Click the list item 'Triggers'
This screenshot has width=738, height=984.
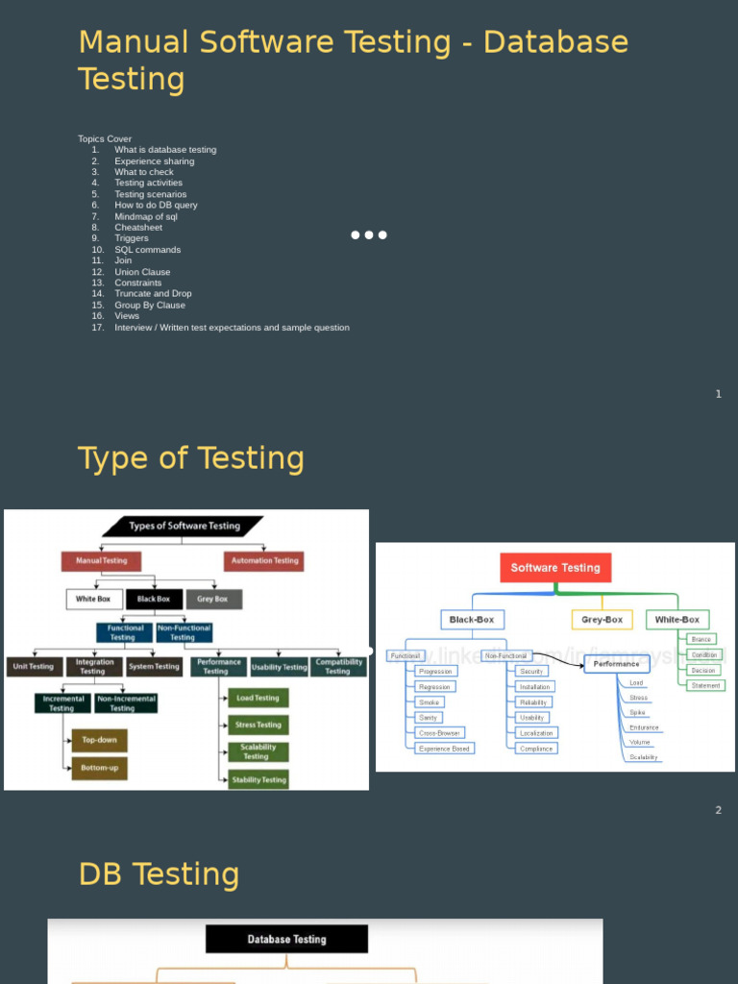click(x=132, y=238)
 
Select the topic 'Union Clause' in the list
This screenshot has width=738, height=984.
click(x=142, y=272)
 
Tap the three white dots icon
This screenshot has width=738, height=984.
click(x=369, y=234)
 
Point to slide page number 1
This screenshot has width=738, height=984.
click(x=718, y=394)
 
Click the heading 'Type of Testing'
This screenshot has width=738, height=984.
click(x=190, y=458)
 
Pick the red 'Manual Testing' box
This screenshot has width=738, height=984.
click(x=101, y=560)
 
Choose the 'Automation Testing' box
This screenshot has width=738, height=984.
click(x=264, y=560)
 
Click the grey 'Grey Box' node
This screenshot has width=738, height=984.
click(x=213, y=599)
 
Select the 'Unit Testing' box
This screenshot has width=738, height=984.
click(x=34, y=666)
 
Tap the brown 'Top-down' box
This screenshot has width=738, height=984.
click(x=99, y=741)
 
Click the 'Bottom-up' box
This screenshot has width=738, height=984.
click(x=99, y=768)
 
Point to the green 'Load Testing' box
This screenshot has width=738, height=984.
click(x=258, y=699)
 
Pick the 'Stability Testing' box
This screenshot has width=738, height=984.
click(x=258, y=779)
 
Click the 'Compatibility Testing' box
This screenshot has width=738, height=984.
click(x=338, y=666)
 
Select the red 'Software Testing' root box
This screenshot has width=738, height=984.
click(x=554, y=568)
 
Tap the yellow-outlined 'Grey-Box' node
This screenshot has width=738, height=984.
click(x=602, y=620)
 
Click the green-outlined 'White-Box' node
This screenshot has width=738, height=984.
click(x=677, y=620)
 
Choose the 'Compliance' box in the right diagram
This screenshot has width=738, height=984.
click(x=536, y=749)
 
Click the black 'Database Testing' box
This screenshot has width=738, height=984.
click(x=286, y=939)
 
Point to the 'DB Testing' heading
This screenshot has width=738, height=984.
click(x=159, y=874)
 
